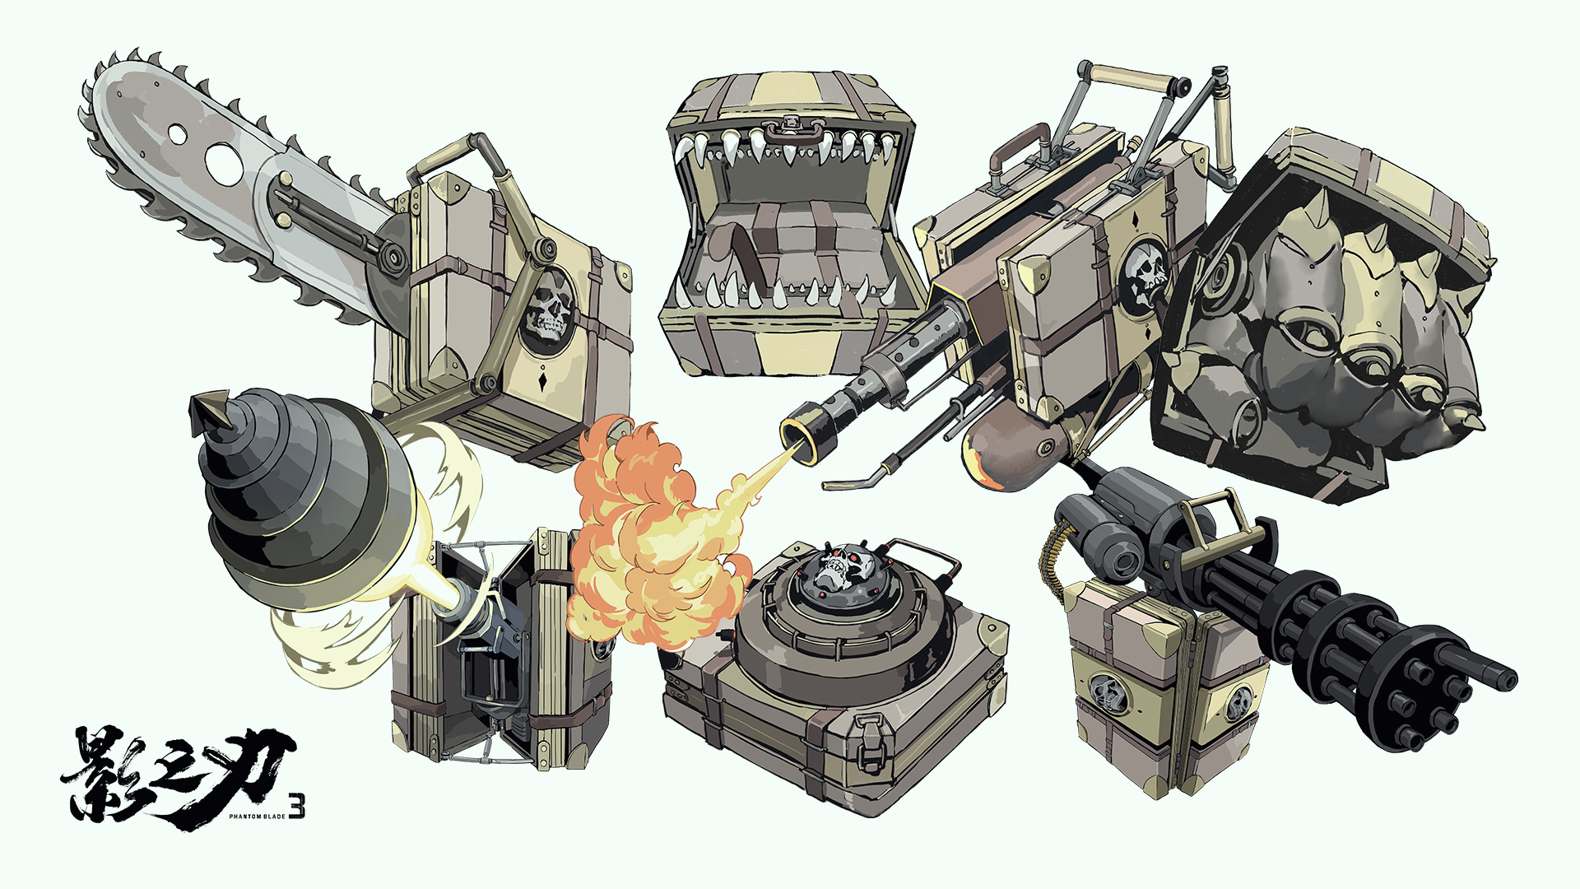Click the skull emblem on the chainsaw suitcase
pos(546,312)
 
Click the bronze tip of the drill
pos(209,412)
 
